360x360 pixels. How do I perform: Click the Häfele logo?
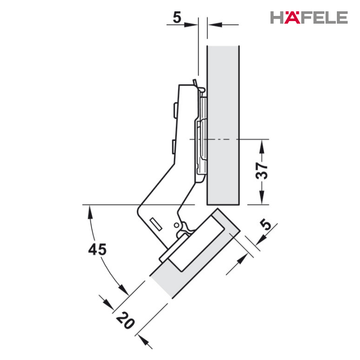[309, 17]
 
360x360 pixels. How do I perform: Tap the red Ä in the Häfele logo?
[292, 17]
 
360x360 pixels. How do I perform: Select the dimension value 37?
[262, 171]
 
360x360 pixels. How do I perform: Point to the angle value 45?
[97, 249]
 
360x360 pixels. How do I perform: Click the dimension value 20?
[125, 320]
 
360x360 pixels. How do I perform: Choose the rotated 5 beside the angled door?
[266, 224]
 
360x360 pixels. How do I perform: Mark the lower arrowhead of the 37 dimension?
[261, 199]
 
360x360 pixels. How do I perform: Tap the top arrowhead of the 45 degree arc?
[91, 211]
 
